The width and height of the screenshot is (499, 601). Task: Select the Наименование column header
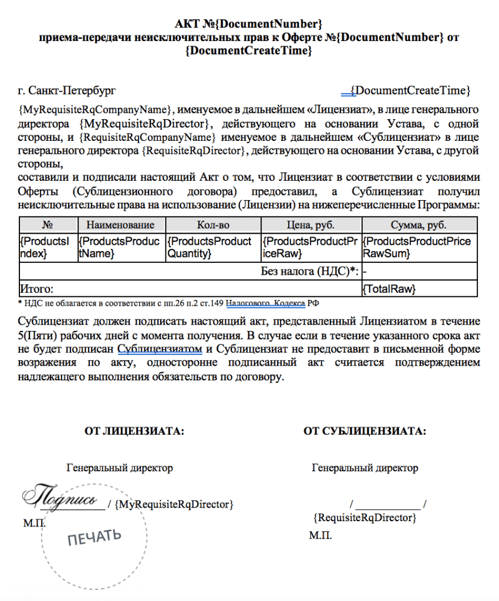pos(121,225)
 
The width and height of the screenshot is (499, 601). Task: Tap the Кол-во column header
pos(212,225)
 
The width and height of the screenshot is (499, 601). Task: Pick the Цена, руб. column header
pos(311,225)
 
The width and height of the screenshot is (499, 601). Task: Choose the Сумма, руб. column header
pos(419,225)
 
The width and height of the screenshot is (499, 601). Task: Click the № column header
pos(48,225)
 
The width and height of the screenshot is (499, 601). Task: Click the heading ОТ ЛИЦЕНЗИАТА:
pos(135,431)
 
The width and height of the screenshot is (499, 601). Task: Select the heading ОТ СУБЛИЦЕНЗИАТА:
pos(365,431)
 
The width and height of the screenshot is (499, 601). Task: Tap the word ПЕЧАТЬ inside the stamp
pos(95,536)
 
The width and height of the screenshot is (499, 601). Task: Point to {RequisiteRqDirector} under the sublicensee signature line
pos(365,518)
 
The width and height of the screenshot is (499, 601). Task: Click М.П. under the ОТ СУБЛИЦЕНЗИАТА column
pos(321,535)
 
